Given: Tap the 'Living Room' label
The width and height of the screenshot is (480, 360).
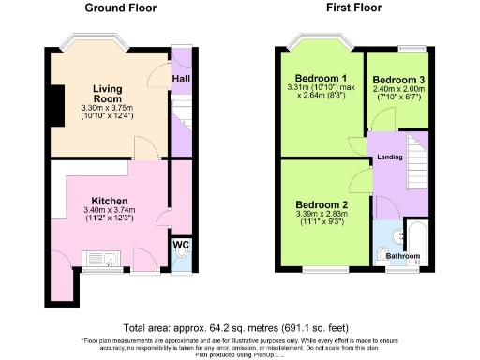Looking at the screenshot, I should pos(109,95).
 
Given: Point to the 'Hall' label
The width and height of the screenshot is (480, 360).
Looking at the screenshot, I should pos(180,80).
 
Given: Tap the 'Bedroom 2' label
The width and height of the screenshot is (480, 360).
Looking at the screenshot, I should pos(322,204).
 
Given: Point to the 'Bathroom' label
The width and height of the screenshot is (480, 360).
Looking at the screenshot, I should pos(403,255).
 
